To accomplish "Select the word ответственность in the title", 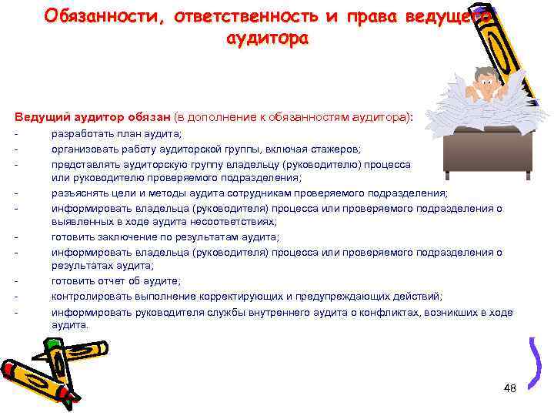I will click(249, 16).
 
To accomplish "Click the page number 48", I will click(509, 387).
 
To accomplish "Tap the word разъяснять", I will click(78, 193).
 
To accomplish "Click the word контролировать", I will click(91, 296).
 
